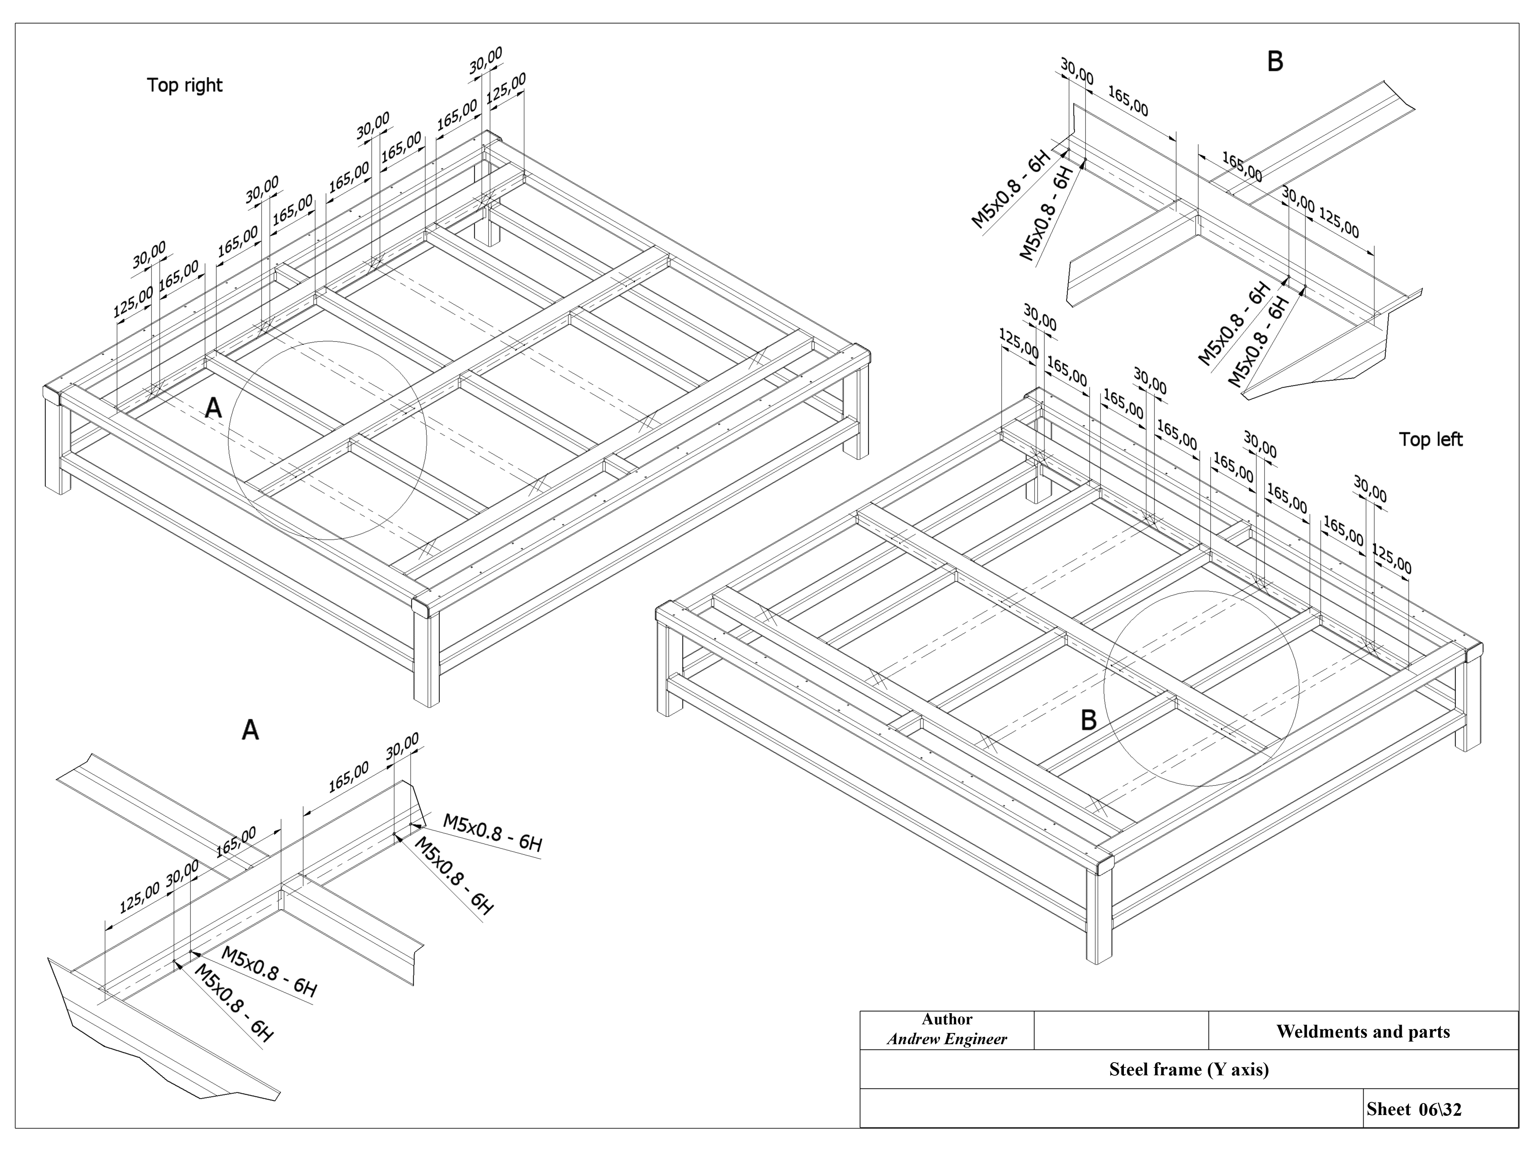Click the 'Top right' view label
(x=185, y=85)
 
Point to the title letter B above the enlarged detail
(x=1274, y=62)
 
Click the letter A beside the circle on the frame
(x=213, y=408)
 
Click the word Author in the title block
(x=947, y=1019)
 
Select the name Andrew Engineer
(x=947, y=1039)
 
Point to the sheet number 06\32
(x=1440, y=1109)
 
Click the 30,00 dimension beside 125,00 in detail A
(x=182, y=871)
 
